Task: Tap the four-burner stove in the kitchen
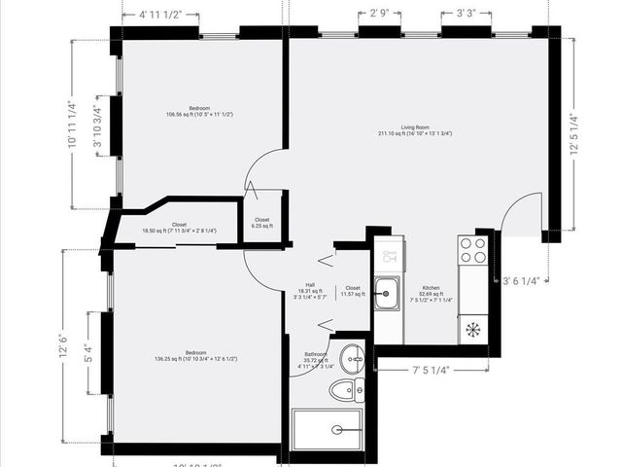pyautogui.click(x=473, y=251)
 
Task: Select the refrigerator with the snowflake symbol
pyautogui.click(x=473, y=329)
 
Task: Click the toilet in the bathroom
pyautogui.click(x=343, y=391)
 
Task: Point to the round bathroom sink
pyautogui.click(x=355, y=357)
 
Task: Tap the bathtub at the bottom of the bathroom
pyautogui.click(x=328, y=429)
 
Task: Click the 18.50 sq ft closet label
pyautogui.click(x=179, y=228)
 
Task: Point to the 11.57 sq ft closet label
pyautogui.click(x=352, y=290)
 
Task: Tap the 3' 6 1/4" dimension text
pyautogui.click(x=525, y=281)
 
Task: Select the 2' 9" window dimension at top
pyautogui.click(x=379, y=14)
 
